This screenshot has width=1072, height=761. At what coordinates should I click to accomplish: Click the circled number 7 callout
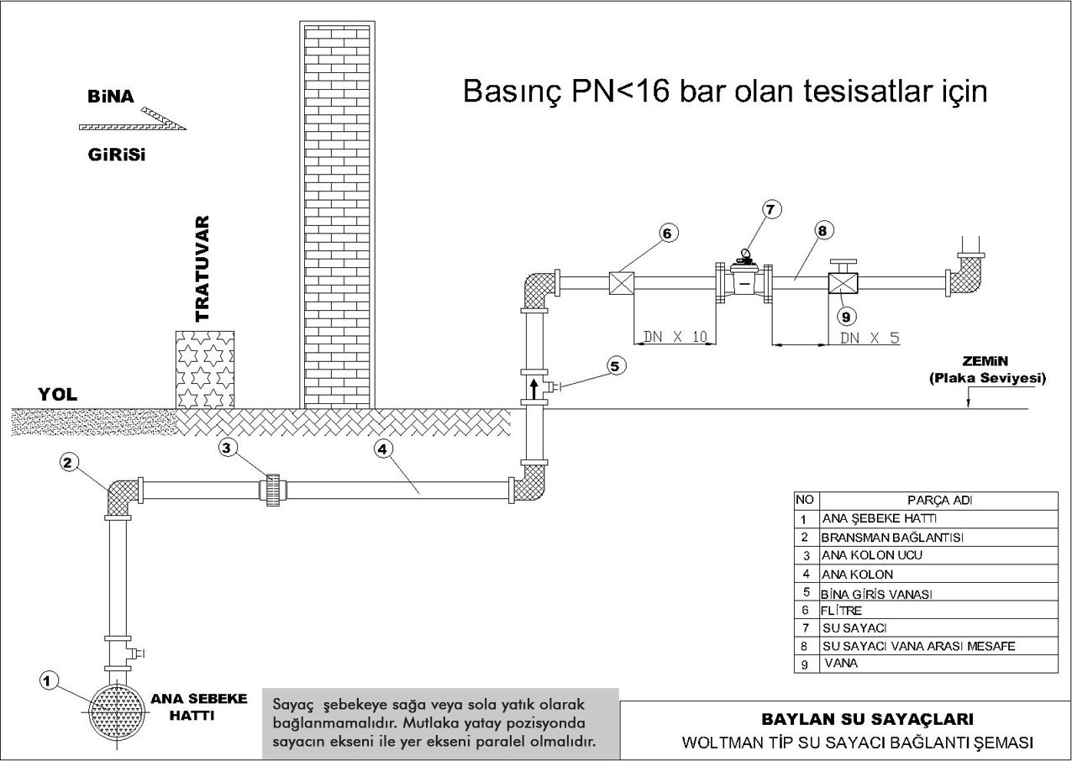[770, 210]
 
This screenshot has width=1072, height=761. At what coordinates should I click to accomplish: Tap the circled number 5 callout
[615, 366]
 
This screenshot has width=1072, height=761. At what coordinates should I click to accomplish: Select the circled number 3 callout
[227, 448]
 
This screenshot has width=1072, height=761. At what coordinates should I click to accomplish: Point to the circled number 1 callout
[48, 681]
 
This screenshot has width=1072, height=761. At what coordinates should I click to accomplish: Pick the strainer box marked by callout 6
[621, 283]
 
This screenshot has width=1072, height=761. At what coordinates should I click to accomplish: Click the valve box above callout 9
[843, 283]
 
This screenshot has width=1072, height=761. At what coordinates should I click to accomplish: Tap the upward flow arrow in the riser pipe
[534, 389]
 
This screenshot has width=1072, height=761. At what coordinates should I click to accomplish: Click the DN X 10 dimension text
[675, 337]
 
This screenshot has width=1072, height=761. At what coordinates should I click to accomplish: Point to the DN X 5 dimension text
[870, 338]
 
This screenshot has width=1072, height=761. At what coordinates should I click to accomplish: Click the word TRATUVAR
[202, 269]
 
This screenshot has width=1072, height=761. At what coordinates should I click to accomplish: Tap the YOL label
[57, 395]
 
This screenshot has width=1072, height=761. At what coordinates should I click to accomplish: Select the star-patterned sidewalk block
[205, 370]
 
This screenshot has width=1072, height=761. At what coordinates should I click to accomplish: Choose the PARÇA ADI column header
[939, 501]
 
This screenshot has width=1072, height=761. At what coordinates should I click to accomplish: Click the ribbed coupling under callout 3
[273, 490]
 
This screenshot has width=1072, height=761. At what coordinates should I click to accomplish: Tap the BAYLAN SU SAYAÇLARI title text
[867, 719]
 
